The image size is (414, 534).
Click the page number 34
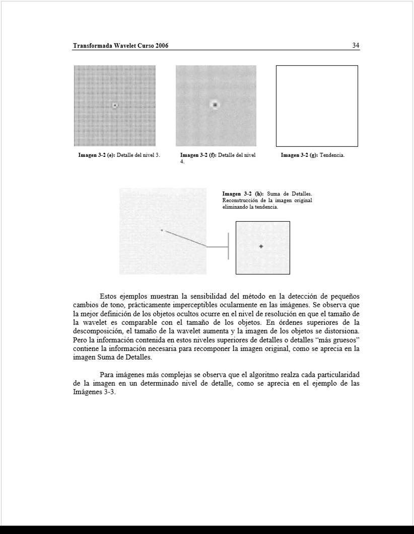356,46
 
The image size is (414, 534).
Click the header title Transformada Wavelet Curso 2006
120,46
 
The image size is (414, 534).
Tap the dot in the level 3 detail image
115,105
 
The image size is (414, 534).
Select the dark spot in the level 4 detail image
215,105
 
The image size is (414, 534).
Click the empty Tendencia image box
317,106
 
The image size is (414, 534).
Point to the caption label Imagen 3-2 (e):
97,155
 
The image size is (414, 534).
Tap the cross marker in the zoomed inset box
261,246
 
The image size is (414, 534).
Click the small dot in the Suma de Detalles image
162,230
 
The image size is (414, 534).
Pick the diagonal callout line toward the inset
184,238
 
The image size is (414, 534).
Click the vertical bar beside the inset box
228,246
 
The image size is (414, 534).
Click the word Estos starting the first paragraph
108,296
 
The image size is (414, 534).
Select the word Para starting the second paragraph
107,375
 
